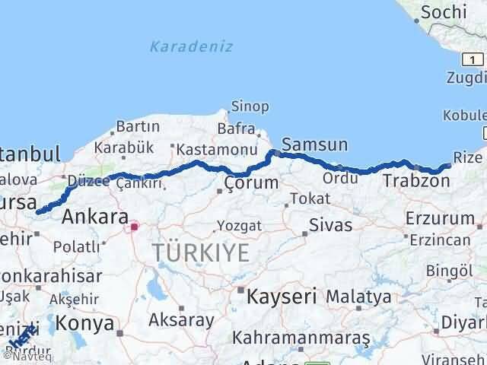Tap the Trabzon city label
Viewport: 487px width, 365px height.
tap(415, 181)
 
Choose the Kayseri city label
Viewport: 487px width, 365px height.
tap(281, 296)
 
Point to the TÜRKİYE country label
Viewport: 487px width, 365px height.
tap(200, 252)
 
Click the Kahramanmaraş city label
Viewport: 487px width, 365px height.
tap(302, 336)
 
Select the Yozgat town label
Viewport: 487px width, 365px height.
tap(239, 226)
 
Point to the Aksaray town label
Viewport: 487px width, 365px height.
tap(182, 319)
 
